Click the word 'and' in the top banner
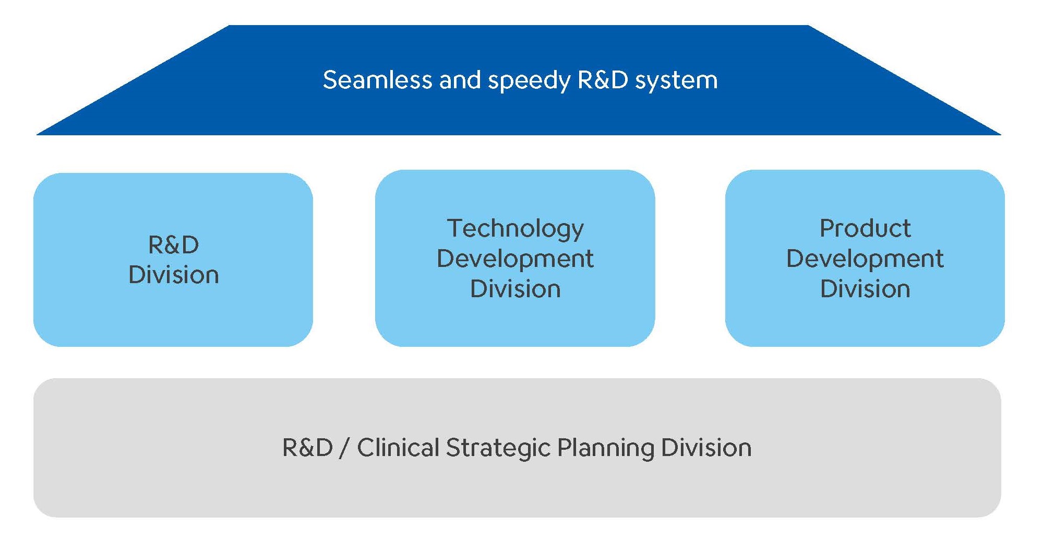[x=460, y=80]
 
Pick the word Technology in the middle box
[x=515, y=229]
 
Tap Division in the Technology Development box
[x=515, y=289]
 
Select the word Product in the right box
[x=865, y=228]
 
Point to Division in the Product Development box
[x=865, y=289]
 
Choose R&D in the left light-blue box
[x=173, y=245]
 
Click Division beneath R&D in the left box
[x=173, y=275]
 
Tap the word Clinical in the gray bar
[x=398, y=448]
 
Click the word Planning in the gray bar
[x=605, y=449]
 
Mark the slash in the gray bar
[x=344, y=448]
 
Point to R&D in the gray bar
[x=307, y=448]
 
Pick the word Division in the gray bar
[x=706, y=448]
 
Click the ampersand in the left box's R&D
[x=173, y=245]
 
